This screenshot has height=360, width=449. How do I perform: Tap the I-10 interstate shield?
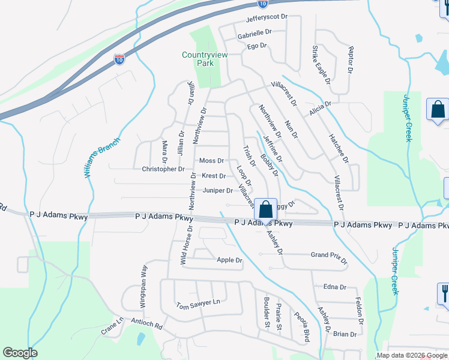(119, 59)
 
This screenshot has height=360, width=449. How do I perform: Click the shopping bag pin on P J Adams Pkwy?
(266, 210)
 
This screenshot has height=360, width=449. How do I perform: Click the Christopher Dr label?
(163, 169)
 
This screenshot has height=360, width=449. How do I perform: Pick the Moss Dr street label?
(211, 161)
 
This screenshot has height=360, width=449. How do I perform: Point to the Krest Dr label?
(214, 176)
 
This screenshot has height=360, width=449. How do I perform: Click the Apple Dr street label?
(229, 260)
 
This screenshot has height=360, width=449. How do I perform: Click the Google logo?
(20, 353)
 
